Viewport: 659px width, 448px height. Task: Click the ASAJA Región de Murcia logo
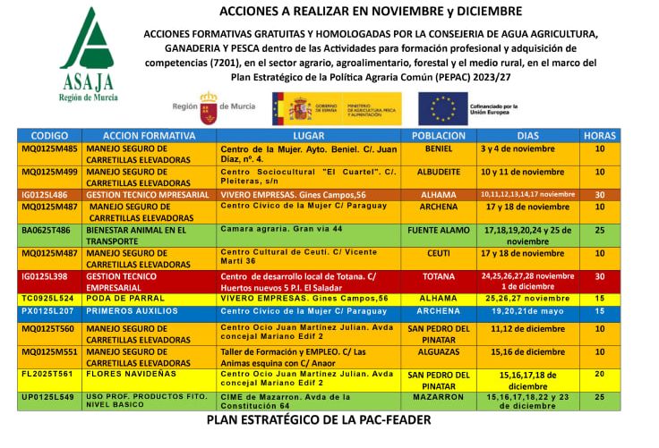point(87,55)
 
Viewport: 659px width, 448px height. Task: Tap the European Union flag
point(442,108)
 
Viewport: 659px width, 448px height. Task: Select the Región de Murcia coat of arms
point(209,107)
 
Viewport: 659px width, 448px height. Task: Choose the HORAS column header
point(599,135)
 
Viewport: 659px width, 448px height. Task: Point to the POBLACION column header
point(438,135)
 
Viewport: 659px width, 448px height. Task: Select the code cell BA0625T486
point(47,230)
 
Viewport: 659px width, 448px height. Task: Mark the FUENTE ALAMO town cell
point(438,230)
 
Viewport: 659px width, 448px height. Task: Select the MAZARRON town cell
point(438,396)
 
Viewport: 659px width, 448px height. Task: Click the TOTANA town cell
point(438,277)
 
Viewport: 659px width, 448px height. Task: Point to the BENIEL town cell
point(438,148)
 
